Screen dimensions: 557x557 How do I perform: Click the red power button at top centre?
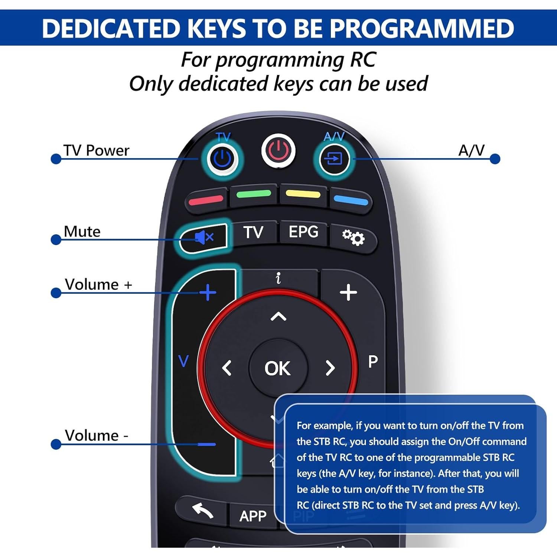278,151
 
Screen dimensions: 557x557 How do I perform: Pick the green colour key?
254,194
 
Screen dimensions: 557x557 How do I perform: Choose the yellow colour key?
303,194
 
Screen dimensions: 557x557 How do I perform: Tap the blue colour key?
351,201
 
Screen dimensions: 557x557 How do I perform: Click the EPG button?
303,232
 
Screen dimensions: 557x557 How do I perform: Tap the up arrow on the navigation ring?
278,317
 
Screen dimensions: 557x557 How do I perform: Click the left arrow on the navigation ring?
227,368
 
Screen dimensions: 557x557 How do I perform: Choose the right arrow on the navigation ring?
330,368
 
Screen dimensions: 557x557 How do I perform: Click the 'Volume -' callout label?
96,436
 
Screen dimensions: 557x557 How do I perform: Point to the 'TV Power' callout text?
96,150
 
